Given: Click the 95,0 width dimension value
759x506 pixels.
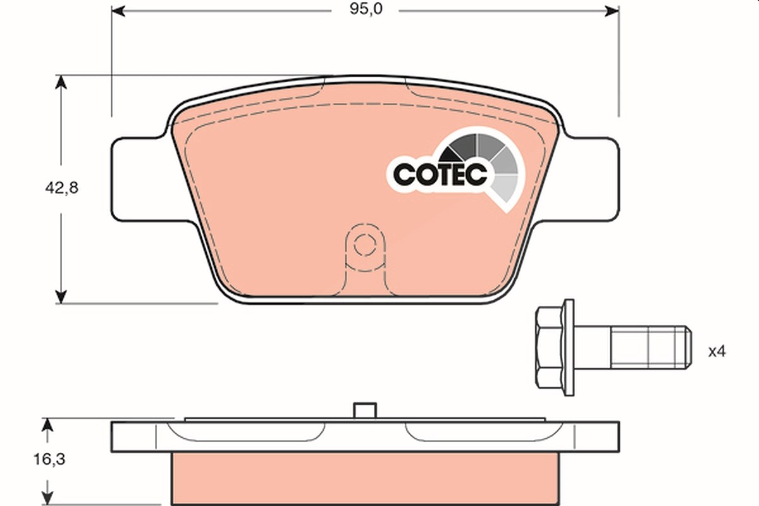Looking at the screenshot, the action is click(x=366, y=9).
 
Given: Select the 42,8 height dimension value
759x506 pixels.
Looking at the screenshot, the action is click(x=62, y=188).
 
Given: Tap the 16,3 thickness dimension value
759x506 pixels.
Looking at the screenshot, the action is click(x=49, y=460).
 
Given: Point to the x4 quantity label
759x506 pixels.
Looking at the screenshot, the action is click(x=717, y=352).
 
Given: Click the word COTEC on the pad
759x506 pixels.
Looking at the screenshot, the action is click(x=440, y=175).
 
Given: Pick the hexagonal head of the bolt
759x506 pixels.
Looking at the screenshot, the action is click(x=549, y=347).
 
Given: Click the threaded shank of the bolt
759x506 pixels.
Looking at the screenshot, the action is click(x=651, y=347).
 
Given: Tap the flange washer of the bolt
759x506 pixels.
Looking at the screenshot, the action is click(x=569, y=347).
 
